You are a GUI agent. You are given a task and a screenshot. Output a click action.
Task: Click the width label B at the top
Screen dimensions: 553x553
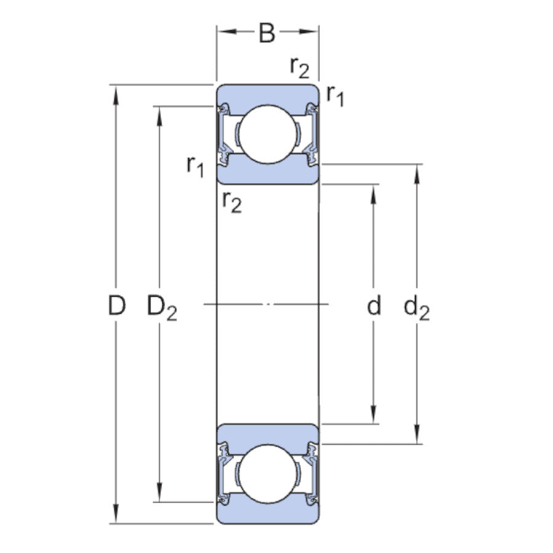click(267, 33)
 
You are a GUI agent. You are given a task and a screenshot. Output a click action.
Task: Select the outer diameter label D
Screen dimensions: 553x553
click(116, 305)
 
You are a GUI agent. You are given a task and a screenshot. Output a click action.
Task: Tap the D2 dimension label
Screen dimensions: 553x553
click(162, 307)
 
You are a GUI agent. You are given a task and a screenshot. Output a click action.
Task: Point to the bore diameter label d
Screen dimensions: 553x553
click(374, 305)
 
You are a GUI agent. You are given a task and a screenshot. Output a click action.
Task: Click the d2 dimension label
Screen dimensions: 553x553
click(416, 307)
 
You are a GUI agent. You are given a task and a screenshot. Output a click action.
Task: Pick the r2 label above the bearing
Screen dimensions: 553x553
click(299, 67)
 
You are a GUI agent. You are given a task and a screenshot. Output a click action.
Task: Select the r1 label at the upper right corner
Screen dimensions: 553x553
click(335, 95)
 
